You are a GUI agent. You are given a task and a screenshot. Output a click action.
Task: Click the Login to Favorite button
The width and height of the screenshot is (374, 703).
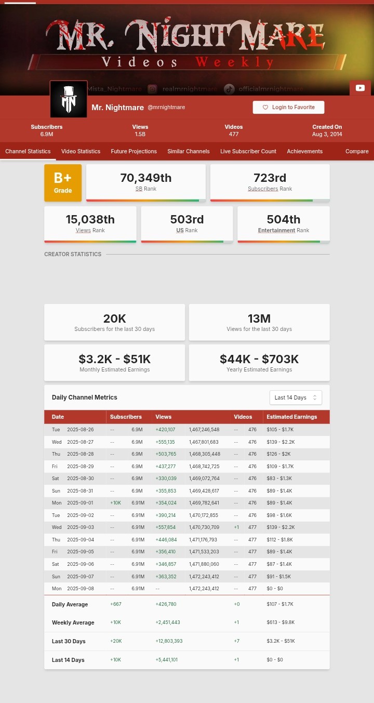288,108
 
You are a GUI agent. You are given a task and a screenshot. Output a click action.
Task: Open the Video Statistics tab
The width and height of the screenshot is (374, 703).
81,151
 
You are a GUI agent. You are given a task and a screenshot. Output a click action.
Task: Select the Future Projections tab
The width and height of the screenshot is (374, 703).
133,151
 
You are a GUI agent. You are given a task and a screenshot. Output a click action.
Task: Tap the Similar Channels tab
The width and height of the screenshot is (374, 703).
188,151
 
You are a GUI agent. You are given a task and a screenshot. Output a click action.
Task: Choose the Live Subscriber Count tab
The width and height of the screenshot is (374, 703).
248,151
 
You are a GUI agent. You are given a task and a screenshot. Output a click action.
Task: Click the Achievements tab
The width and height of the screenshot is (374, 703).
305,151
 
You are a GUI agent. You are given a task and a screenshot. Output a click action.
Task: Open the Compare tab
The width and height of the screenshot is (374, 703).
357,151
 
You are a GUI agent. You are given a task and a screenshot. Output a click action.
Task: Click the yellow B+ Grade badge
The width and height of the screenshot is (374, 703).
63,183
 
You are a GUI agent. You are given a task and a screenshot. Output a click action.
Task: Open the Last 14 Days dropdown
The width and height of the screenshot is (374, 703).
296,397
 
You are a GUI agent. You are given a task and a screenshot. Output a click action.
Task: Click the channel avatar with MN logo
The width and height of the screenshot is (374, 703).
69,99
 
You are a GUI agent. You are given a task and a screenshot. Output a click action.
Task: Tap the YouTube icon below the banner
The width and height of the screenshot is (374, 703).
360,88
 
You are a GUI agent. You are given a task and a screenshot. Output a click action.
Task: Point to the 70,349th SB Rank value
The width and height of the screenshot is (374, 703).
146,178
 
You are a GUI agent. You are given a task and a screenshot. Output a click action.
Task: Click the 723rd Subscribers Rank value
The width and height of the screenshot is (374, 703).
270,178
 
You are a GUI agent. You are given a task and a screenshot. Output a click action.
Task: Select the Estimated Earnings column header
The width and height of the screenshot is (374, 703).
292,417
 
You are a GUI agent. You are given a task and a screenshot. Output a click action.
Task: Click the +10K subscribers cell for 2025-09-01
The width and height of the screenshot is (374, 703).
115,503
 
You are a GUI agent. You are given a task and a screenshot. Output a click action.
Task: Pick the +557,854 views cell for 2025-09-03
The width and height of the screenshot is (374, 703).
165,527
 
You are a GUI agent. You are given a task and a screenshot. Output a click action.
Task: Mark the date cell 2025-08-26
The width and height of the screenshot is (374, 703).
81,430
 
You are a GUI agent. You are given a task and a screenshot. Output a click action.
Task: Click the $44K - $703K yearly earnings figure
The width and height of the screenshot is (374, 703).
259,359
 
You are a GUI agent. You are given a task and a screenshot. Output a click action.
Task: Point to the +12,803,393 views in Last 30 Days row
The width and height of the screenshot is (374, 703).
169,641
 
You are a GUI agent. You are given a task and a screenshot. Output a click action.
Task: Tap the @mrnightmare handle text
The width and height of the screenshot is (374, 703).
166,108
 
